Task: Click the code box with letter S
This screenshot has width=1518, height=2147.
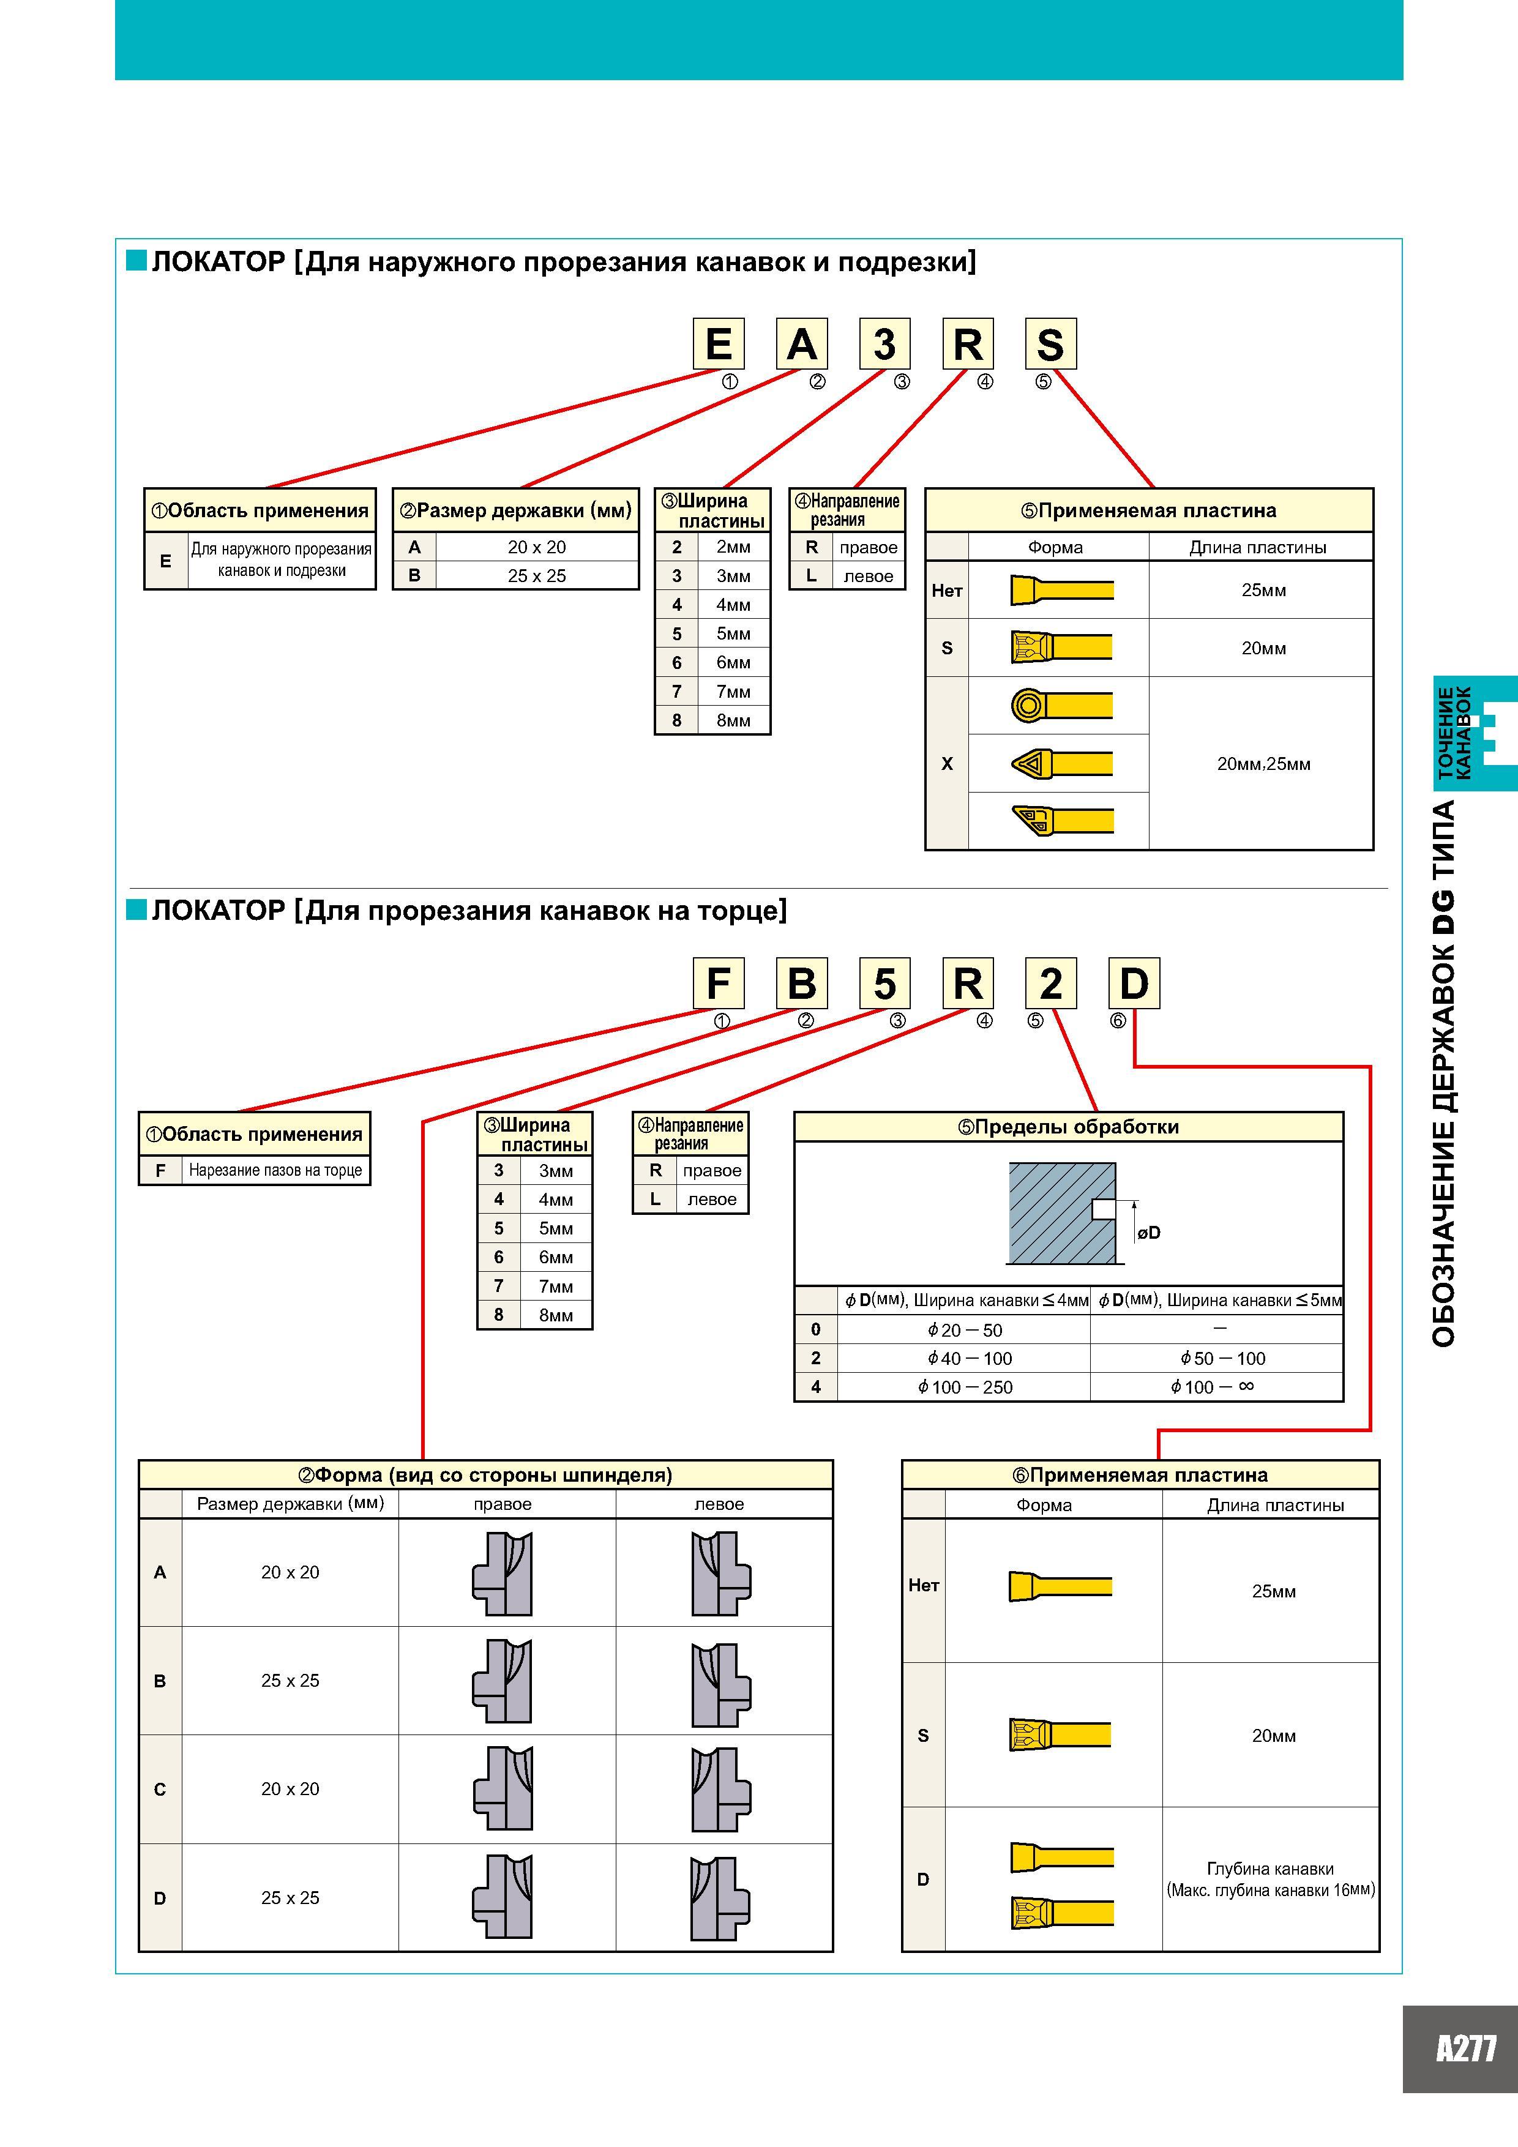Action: [x=1050, y=344]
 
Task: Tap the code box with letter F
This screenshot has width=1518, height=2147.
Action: [x=719, y=983]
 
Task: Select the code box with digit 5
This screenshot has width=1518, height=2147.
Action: [x=885, y=983]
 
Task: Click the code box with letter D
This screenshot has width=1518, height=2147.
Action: [x=1134, y=983]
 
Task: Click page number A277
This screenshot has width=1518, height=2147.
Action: [x=1465, y=2049]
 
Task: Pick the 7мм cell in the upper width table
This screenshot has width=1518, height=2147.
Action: [x=733, y=691]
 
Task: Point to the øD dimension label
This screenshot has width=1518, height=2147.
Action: [x=1148, y=1233]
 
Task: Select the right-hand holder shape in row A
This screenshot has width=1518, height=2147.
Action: [x=503, y=1574]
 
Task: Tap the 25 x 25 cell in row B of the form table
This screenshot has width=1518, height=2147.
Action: [x=290, y=1681]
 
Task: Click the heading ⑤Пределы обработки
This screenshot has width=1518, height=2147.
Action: [x=1068, y=1127]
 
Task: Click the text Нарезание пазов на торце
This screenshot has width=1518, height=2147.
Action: [x=275, y=1170]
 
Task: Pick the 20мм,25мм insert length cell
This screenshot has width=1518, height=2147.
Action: [x=1263, y=764]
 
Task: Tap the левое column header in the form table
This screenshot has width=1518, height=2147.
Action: [x=719, y=1504]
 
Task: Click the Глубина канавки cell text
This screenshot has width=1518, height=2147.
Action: [x=1270, y=1869]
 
